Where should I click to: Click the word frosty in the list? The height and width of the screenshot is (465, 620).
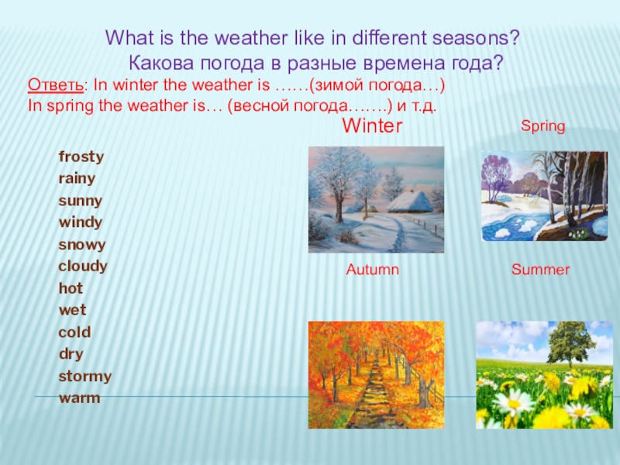81,157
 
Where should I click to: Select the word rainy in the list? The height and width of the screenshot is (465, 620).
77,178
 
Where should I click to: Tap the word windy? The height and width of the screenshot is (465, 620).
80,222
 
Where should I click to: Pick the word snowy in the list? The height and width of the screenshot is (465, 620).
81,244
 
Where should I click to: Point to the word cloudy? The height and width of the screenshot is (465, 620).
83,267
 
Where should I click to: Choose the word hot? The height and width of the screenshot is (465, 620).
71,288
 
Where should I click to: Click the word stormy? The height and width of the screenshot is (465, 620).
84,377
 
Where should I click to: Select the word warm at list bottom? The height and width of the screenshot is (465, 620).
79,398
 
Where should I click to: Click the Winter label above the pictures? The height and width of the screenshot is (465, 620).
372,126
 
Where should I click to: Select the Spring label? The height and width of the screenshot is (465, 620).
542,126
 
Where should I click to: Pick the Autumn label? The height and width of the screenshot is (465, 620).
372,270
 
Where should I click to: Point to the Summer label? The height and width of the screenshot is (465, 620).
540,270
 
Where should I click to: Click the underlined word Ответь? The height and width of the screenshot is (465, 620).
55,84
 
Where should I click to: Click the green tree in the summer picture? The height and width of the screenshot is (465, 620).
570,341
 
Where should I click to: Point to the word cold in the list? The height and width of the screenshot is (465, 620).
74,332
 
